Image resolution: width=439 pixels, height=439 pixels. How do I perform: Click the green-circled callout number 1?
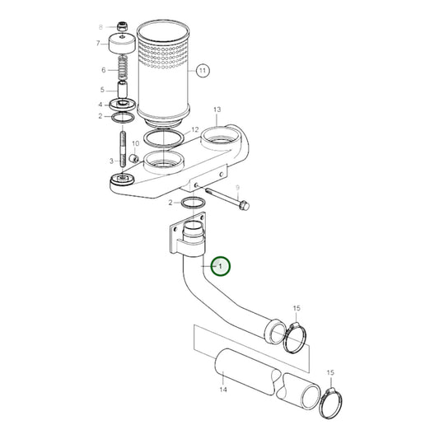pyautogui.click(x=220, y=266)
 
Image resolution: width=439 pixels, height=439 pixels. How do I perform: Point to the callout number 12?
pyautogui.click(x=194, y=130)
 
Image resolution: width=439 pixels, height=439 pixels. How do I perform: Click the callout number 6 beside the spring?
pyautogui.click(x=103, y=70)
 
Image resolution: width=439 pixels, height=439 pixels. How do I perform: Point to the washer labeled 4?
pyautogui.click(x=124, y=105)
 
